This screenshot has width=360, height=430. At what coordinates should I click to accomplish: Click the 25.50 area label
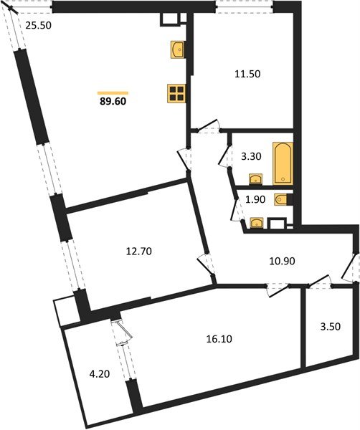[x=38, y=26]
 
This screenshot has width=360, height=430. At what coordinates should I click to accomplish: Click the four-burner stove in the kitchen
[x=176, y=94]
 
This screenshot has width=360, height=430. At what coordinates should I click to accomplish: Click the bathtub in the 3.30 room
[x=283, y=163]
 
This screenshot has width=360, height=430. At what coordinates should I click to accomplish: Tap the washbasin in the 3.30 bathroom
[x=255, y=178]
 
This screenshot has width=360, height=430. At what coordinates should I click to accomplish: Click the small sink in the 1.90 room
[x=255, y=223]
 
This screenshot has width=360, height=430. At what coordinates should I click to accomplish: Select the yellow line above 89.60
[x=113, y=92]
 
